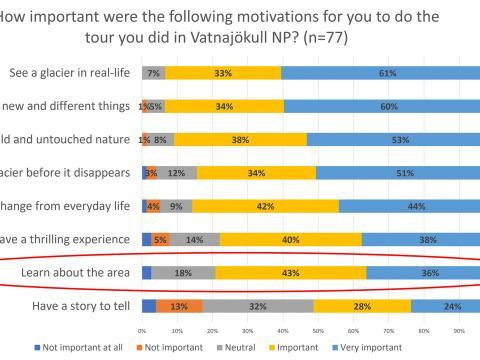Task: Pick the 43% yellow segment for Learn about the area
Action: (290, 273)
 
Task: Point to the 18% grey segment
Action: (183, 273)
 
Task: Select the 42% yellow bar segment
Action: (265, 206)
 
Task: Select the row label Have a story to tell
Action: (69, 306)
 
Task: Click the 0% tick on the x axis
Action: (142, 329)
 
